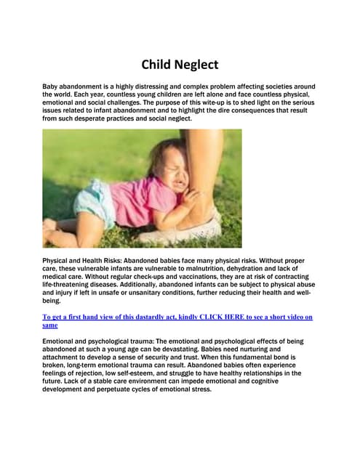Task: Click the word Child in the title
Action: pyautogui.click(x=155, y=65)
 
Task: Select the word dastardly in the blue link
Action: pyautogui.click(x=145, y=317)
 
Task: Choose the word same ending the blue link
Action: pyautogui.click(x=49, y=325)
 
